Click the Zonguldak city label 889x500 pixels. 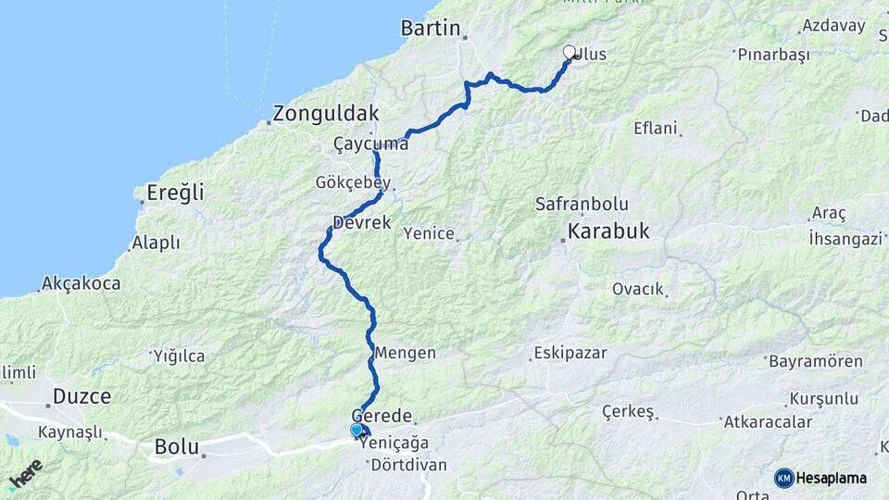click(x=325, y=114)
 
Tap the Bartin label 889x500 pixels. click(x=431, y=29)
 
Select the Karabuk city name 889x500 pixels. click(x=608, y=231)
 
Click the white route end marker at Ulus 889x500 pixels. click(x=570, y=53)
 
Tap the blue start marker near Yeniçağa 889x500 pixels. click(x=357, y=430)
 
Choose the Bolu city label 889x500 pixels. click(x=177, y=447)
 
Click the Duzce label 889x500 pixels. click(x=81, y=396)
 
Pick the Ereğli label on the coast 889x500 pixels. click(x=175, y=194)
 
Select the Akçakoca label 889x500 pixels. click(x=81, y=283)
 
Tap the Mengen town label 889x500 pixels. click(x=405, y=353)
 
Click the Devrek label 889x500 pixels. click(x=361, y=223)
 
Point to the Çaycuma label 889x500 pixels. click(x=370, y=144)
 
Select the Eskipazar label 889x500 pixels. click(x=570, y=354)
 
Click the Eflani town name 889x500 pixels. click(x=656, y=128)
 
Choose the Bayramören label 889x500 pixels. click(x=815, y=361)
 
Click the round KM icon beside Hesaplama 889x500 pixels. click(x=784, y=478)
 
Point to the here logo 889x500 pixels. click(x=25, y=475)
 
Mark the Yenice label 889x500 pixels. click(x=429, y=233)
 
